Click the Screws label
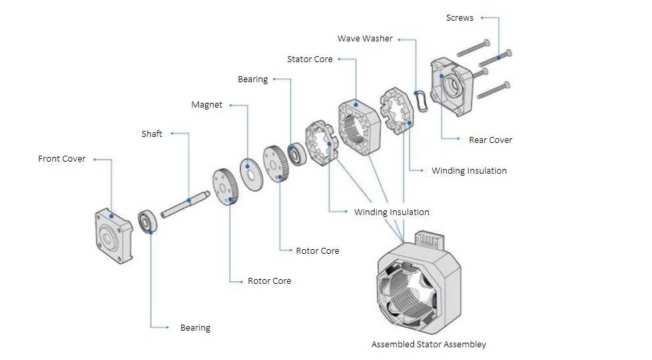[459, 18]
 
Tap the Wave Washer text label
[365, 39]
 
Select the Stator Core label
[309, 59]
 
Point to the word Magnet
[206, 105]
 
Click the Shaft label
[152, 134]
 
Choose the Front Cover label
[61, 159]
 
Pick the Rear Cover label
[490, 140]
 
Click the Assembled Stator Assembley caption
[428, 345]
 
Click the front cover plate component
[114, 236]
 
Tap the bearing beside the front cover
[147, 221]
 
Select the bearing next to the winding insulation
[295, 153]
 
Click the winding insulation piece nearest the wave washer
[396, 112]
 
